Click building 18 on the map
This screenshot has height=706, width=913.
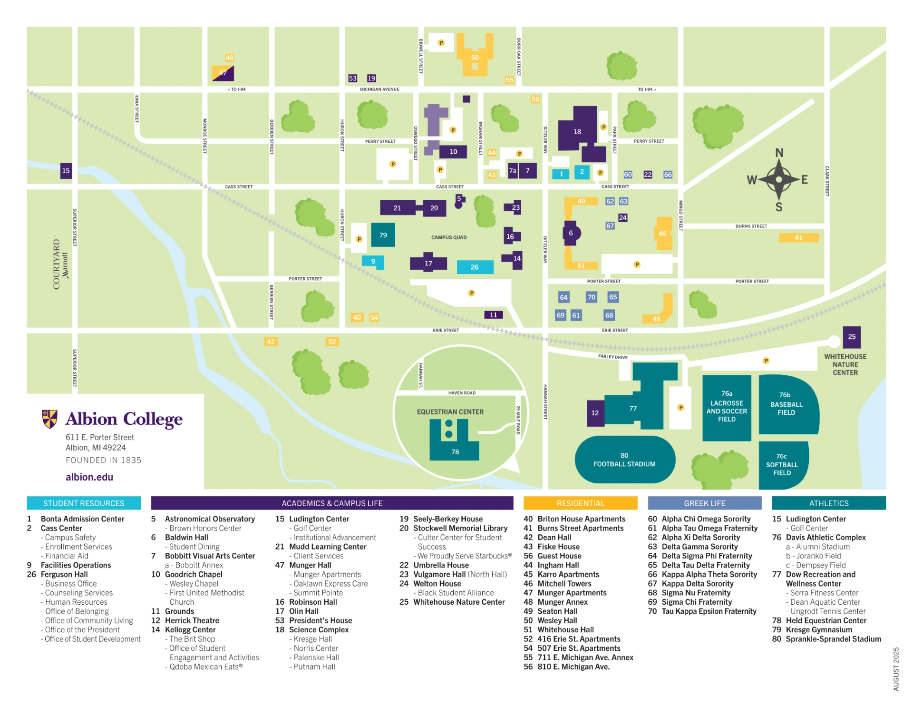(x=577, y=132)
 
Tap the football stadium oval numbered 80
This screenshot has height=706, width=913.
(x=624, y=460)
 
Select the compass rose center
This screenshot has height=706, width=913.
(x=778, y=180)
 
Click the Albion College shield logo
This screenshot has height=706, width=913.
(x=49, y=419)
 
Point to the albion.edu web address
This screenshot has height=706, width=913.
(x=89, y=477)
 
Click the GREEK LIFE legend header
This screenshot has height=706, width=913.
(x=704, y=503)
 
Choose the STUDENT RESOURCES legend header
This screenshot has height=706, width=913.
(x=84, y=503)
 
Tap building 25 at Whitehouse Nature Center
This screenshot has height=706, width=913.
(x=851, y=337)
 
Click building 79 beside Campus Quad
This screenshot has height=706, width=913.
(x=383, y=235)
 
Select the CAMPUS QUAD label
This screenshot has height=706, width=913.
(x=449, y=237)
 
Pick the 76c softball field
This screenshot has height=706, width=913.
(x=782, y=464)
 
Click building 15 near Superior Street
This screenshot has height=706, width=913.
(x=66, y=170)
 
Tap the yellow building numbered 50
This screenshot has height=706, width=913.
(x=475, y=58)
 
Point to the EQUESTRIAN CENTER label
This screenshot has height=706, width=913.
(x=450, y=412)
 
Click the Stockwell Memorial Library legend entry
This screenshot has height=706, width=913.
(x=460, y=528)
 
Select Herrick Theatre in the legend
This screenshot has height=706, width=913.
(x=192, y=620)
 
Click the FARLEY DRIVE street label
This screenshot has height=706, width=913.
(x=612, y=357)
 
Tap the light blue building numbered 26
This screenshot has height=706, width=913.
(x=475, y=267)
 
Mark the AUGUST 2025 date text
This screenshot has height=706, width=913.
(x=896, y=669)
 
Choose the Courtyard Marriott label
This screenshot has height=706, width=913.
(x=60, y=265)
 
